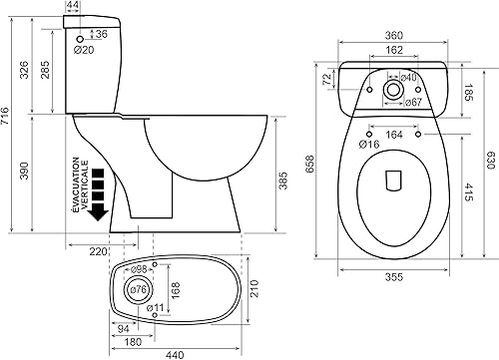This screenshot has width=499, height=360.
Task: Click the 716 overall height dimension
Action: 5,116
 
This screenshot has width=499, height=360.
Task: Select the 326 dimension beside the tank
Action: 24,70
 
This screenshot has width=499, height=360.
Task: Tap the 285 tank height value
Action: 45,70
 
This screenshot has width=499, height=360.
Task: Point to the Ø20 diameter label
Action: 84,50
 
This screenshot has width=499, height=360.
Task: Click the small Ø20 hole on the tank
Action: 80,39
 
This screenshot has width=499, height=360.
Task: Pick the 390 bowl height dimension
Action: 24,171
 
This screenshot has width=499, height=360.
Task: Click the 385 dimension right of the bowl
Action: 282,180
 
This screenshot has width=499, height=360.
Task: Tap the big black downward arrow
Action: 98,194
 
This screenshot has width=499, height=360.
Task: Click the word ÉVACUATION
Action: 76,184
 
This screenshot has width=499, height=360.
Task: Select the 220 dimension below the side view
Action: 99,251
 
